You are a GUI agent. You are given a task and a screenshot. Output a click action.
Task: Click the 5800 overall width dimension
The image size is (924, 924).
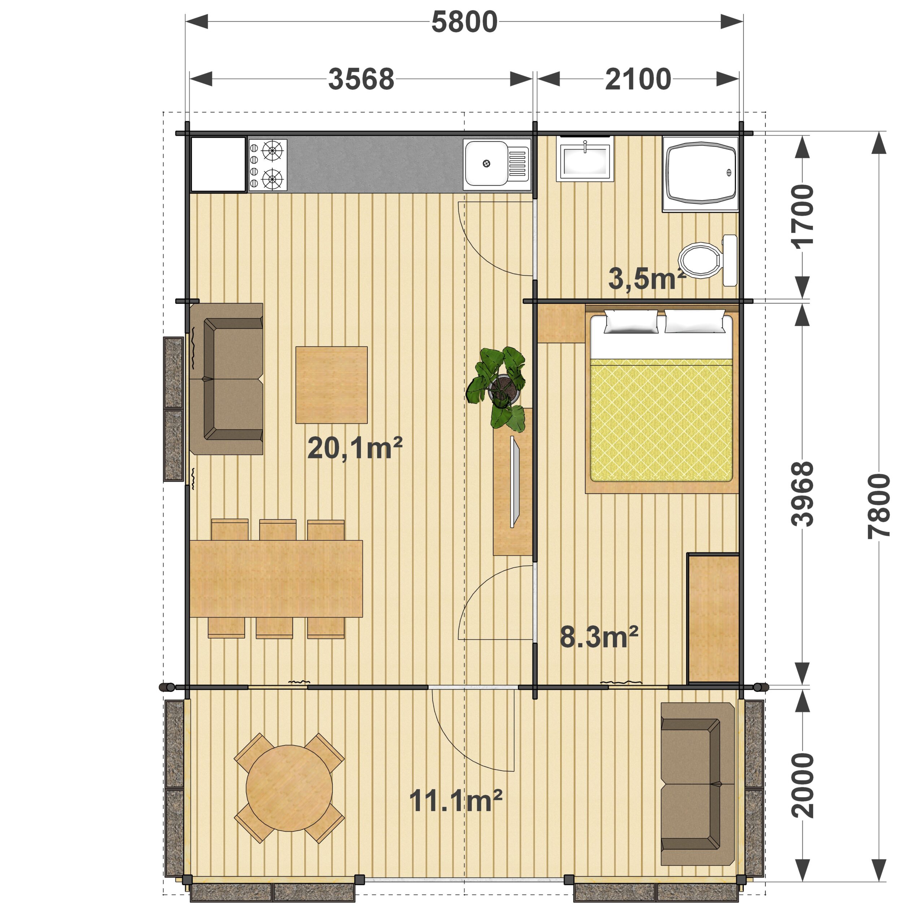464,22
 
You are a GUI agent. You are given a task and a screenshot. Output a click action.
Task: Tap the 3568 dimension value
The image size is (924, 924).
361,79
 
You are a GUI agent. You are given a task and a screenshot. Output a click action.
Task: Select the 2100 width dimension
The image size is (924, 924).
638,79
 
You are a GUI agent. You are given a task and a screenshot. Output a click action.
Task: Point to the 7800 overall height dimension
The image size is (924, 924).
879,506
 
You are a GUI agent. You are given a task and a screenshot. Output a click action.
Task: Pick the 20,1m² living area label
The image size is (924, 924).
354,448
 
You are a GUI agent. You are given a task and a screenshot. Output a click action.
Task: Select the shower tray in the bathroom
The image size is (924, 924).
700,174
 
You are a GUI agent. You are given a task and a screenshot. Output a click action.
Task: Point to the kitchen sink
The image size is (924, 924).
497,164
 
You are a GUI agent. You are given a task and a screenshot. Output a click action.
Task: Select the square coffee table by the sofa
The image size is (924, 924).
331,385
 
